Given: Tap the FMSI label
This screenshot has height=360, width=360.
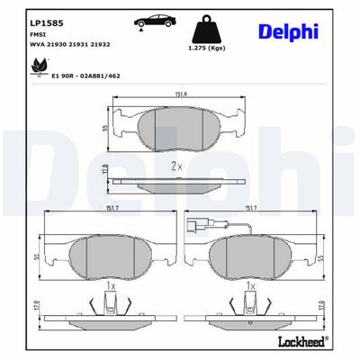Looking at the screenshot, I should [38, 31].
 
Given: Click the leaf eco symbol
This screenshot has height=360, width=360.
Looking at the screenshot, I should [38, 67].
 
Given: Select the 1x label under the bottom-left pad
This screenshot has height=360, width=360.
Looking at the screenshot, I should [109, 284].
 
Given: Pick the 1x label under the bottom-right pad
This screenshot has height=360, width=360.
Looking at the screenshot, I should [250, 284].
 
